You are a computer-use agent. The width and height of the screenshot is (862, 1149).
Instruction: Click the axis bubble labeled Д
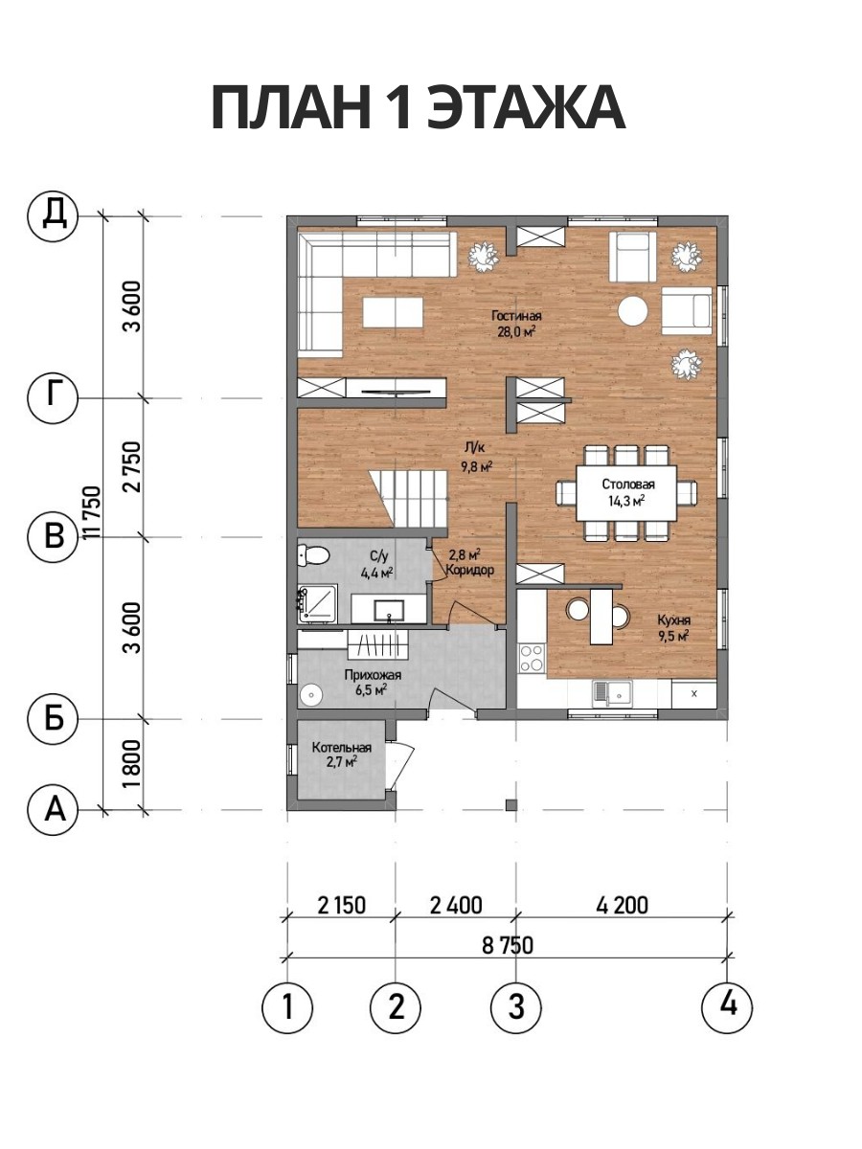point(53,215)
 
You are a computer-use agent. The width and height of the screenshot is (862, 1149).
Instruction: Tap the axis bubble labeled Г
point(53,397)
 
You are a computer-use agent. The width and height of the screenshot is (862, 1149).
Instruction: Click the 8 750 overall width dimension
point(508,945)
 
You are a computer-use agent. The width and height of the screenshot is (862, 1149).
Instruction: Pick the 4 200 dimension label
point(622,905)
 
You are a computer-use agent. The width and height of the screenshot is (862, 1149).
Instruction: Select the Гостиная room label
point(516,316)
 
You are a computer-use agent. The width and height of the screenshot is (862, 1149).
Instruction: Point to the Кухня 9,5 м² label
point(673,627)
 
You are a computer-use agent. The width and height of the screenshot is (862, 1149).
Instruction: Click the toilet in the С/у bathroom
point(313,554)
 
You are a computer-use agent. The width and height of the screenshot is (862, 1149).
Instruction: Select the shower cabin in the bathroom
point(318,604)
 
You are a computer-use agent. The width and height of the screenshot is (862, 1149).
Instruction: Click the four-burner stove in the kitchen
point(532,659)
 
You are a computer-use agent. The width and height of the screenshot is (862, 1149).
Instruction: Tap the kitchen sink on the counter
point(612,693)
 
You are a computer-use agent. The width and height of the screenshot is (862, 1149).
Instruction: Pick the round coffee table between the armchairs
point(633,311)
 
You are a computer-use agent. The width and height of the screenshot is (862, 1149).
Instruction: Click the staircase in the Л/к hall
point(408,499)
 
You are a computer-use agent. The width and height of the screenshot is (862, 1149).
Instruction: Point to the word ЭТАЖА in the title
point(526,108)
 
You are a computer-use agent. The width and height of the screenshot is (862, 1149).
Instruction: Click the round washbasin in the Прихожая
point(312,695)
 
